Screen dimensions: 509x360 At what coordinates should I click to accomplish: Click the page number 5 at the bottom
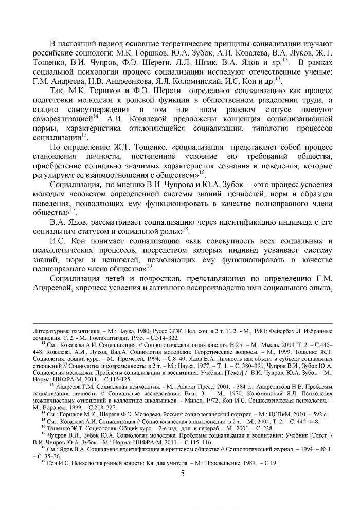183,473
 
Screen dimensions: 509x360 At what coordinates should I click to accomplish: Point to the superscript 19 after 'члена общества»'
150,266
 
